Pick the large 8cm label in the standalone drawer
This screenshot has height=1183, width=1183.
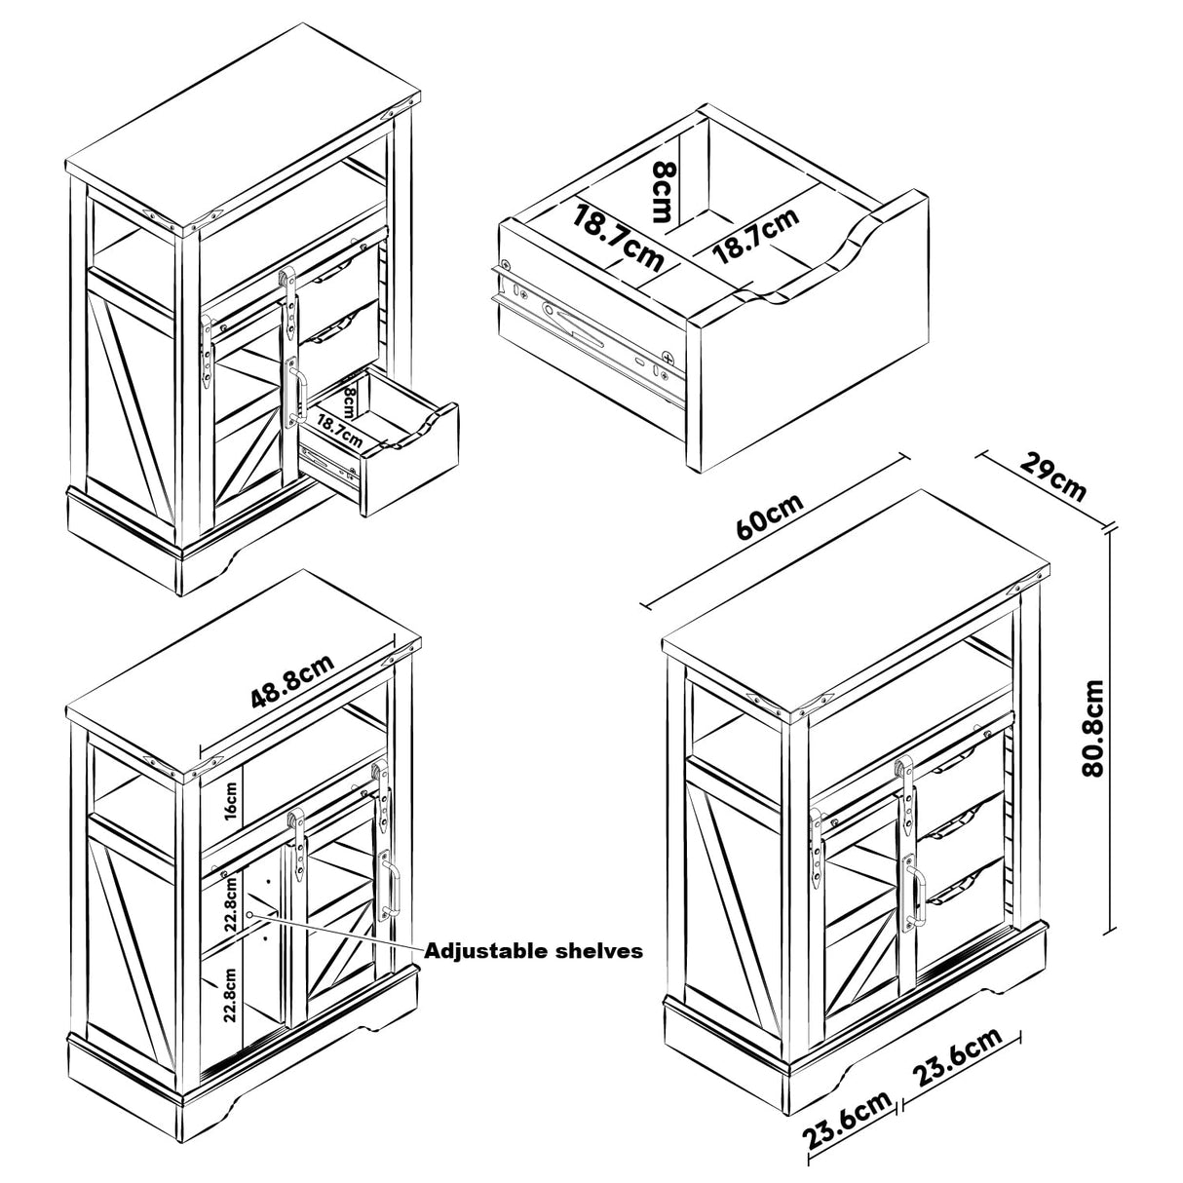(x=662, y=192)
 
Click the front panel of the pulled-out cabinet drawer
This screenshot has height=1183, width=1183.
(x=409, y=468)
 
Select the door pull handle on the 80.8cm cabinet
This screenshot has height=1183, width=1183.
(x=915, y=892)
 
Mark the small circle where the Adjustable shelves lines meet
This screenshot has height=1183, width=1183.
(x=250, y=914)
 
